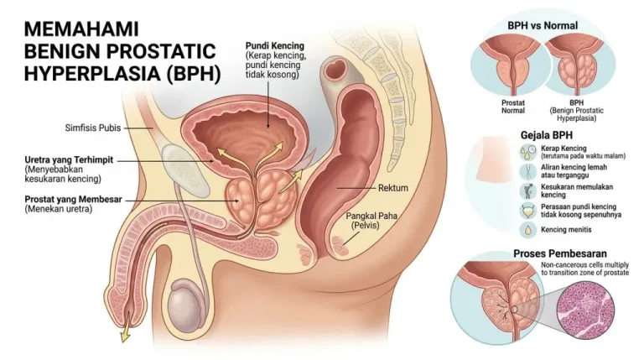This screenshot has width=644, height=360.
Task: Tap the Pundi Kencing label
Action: pos(275,45)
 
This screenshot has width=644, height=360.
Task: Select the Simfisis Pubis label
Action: pos(93,128)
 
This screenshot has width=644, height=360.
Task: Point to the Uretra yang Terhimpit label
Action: pos(69,160)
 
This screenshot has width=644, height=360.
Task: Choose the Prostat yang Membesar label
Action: pos(73,200)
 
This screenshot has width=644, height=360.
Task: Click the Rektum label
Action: pos(393,188)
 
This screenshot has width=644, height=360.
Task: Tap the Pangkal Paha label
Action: pos(371,216)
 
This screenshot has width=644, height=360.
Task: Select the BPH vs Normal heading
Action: pos(543,25)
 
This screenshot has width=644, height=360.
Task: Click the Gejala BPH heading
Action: pos(546,135)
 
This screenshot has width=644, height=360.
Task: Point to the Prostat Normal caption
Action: pos(513,107)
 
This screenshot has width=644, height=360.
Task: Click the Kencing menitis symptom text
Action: pos(566,230)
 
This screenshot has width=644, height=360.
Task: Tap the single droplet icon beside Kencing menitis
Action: pos(527,230)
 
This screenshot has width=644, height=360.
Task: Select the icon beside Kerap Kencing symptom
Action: pos(527,152)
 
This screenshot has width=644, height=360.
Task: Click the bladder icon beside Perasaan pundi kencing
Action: pos(527,211)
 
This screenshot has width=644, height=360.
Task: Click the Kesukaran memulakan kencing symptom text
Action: pos(577,190)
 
